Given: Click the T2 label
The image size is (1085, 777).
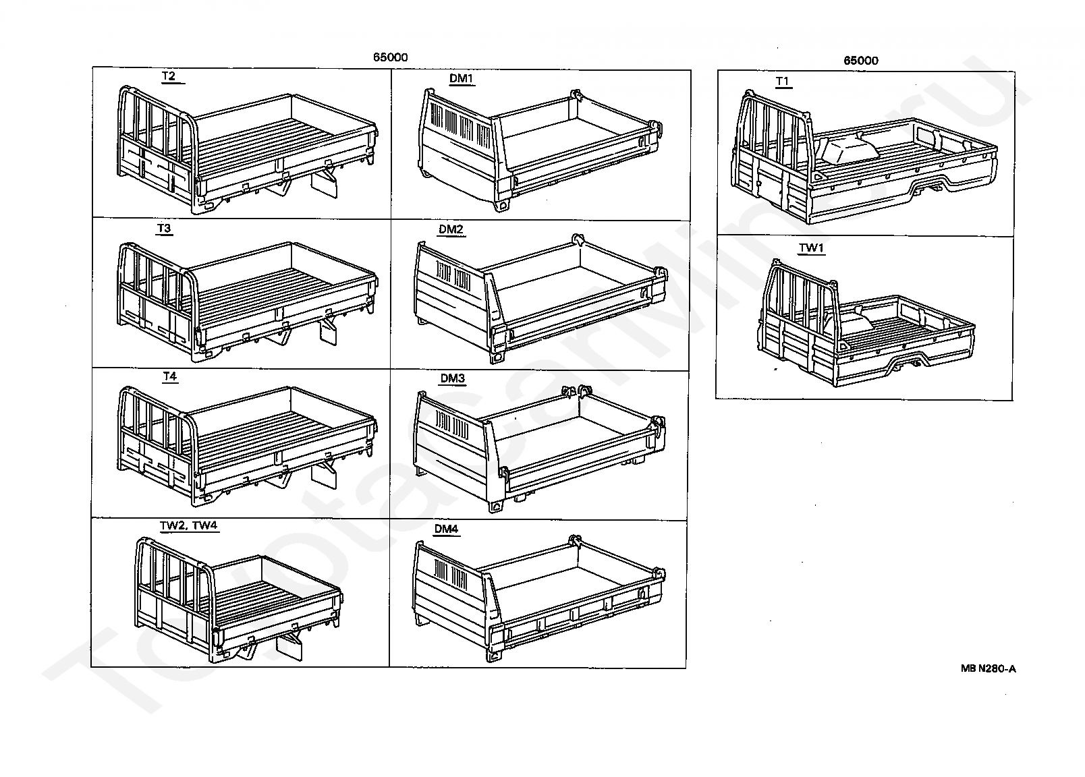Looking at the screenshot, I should [169, 76].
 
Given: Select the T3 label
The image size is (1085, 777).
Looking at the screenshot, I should [164, 228].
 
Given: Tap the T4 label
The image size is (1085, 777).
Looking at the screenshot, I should [169, 376].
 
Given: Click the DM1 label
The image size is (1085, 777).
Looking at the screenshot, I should [462, 79].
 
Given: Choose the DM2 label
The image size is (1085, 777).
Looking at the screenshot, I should [451, 229].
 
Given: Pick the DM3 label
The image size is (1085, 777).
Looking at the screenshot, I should [453, 378].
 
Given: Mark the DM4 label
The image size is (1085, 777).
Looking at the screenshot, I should [446, 529].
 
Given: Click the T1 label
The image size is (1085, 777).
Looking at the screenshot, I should [783, 82].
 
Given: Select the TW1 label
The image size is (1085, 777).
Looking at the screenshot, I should [812, 248].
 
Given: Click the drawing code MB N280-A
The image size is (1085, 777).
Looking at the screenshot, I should [988, 668].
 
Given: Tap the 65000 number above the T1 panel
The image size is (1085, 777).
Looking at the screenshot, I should [861, 60].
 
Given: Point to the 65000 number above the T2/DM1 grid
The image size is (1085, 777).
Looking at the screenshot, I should [390, 57].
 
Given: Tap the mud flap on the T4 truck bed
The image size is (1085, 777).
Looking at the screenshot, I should [324, 476].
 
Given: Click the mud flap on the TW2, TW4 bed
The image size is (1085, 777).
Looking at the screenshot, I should [291, 646].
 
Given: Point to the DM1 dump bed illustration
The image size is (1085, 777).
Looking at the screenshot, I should [540, 148].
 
